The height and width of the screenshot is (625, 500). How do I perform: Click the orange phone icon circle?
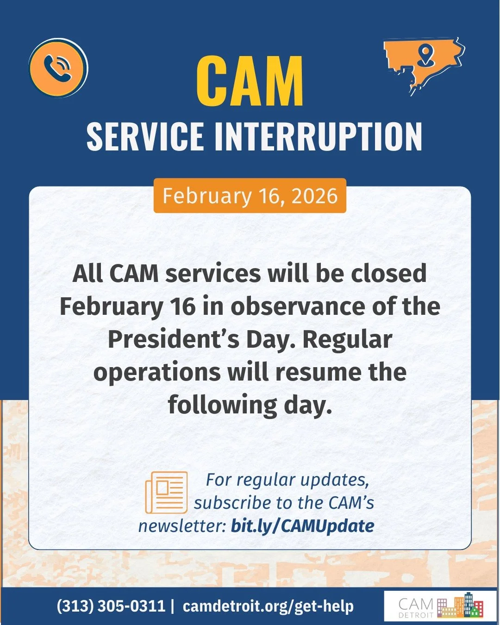pos(58,68)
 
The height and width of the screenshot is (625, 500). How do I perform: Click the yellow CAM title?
pos(250,82)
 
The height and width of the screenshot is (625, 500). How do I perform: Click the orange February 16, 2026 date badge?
pos(250,196)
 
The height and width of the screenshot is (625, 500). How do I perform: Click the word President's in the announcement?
pos(174,339)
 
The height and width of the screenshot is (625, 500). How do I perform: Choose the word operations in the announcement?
pos(157,372)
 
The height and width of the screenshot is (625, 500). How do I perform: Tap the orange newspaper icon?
pos(167,492)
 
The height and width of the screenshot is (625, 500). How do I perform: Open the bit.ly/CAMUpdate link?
pos(302,526)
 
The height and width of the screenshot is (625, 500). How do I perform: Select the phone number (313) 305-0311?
pos(111,606)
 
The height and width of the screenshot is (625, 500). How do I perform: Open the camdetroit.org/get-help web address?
pos(268,606)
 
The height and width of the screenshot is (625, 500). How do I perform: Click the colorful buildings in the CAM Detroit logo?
pos(460,606)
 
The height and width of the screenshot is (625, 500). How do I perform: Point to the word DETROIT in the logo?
pos(416,615)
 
